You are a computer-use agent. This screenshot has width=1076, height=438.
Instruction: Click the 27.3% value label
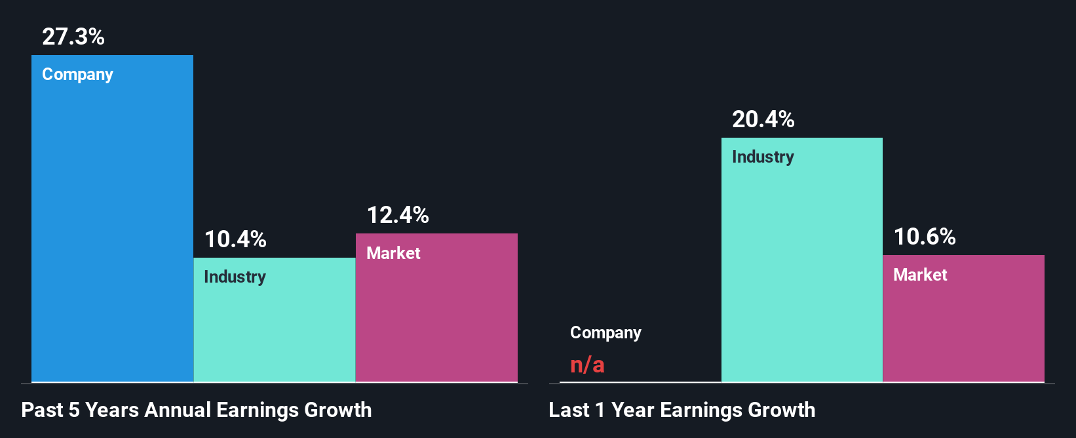(73, 37)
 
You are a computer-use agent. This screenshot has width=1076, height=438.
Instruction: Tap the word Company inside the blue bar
(77, 75)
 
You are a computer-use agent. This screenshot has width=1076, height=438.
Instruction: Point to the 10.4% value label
(235, 239)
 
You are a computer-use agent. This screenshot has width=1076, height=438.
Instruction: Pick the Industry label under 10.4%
(235, 277)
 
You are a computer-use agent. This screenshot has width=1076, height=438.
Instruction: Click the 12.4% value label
(398, 215)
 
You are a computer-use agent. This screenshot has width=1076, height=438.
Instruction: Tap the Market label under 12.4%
(393, 254)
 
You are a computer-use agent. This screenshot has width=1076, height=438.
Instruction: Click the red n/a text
(587, 365)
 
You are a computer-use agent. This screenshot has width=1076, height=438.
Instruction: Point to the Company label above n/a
(605, 333)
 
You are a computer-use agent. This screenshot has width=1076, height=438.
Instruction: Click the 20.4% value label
(763, 119)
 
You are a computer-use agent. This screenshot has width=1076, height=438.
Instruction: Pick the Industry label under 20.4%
(763, 157)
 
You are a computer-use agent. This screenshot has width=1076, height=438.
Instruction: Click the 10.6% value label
(925, 237)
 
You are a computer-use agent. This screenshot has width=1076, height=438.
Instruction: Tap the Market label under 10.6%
(920, 275)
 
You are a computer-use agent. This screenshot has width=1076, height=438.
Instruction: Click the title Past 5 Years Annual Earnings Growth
(197, 410)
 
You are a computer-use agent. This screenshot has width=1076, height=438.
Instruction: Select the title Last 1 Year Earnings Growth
(682, 410)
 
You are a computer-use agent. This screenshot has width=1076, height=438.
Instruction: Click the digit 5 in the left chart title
(74, 410)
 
